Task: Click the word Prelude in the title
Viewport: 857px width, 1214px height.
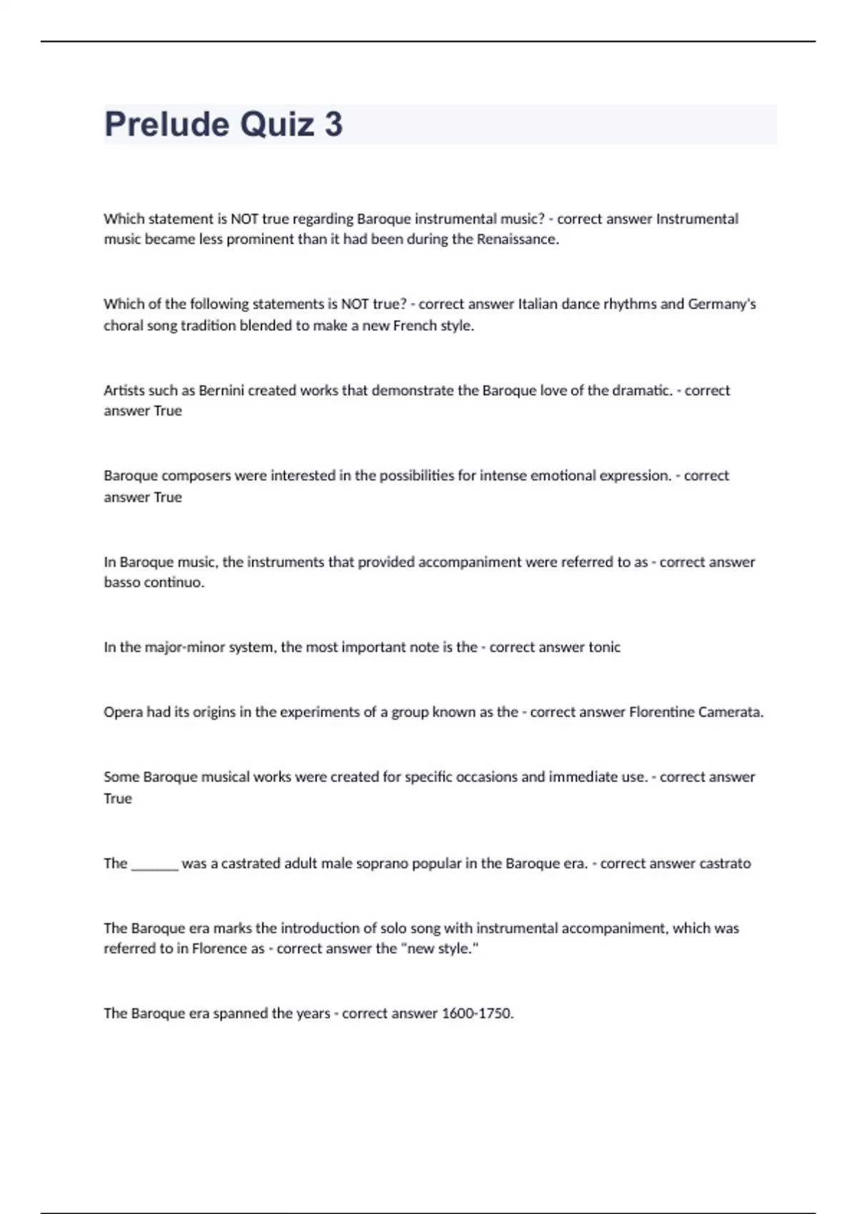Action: point(166,124)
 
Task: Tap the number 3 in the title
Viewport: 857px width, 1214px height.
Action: point(333,124)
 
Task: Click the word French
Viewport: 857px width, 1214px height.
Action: point(415,326)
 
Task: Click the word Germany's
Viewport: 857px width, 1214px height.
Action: point(721,304)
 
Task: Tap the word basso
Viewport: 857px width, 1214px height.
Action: point(123,583)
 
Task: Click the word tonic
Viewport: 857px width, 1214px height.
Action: point(604,647)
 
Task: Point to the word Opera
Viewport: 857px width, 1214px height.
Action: point(123,712)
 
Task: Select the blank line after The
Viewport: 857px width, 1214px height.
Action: point(154,864)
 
